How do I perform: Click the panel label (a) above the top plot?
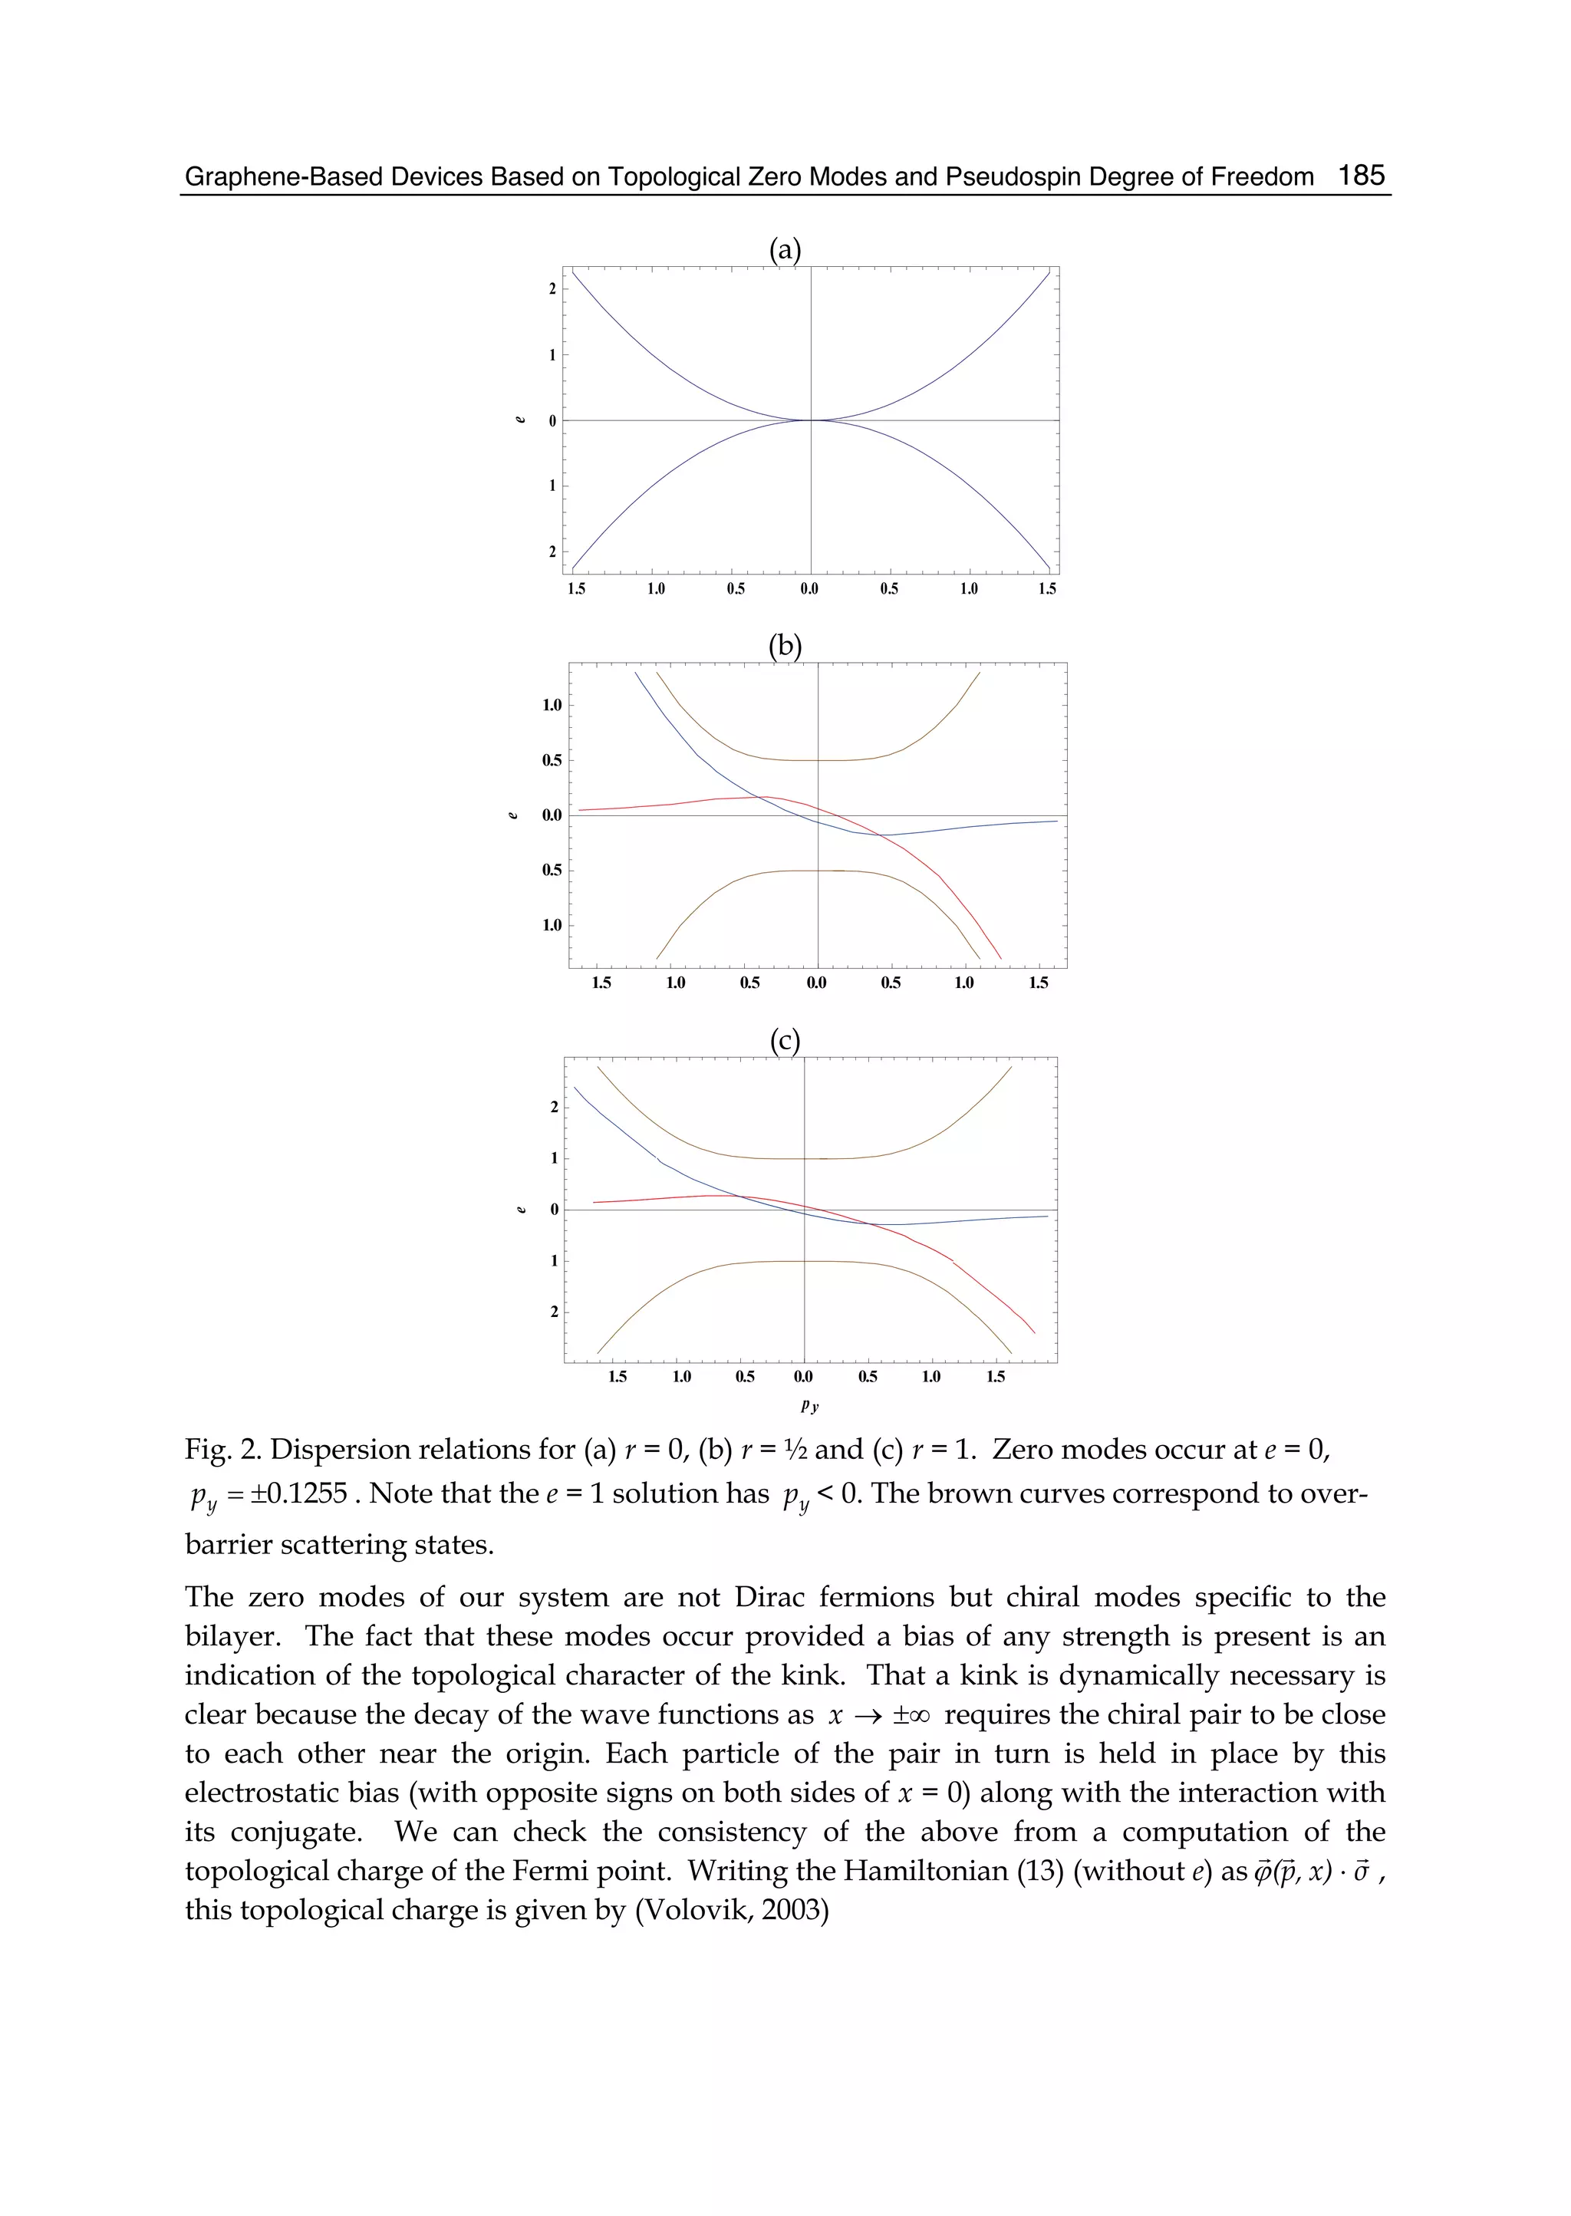pyautogui.click(x=785, y=249)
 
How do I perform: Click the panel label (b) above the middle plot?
pyautogui.click(x=785, y=645)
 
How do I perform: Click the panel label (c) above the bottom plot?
pyautogui.click(x=785, y=1041)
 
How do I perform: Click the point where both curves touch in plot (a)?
pyautogui.click(x=811, y=420)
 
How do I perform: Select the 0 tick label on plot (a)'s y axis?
pyautogui.click(x=552, y=421)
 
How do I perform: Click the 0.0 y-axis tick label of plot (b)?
pyautogui.click(x=552, y=815)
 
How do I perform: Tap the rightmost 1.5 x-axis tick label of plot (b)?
pyautogui.click(x=1038, y=983)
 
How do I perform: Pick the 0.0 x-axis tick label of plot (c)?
pyautogui.click(x=803, y=1376)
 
